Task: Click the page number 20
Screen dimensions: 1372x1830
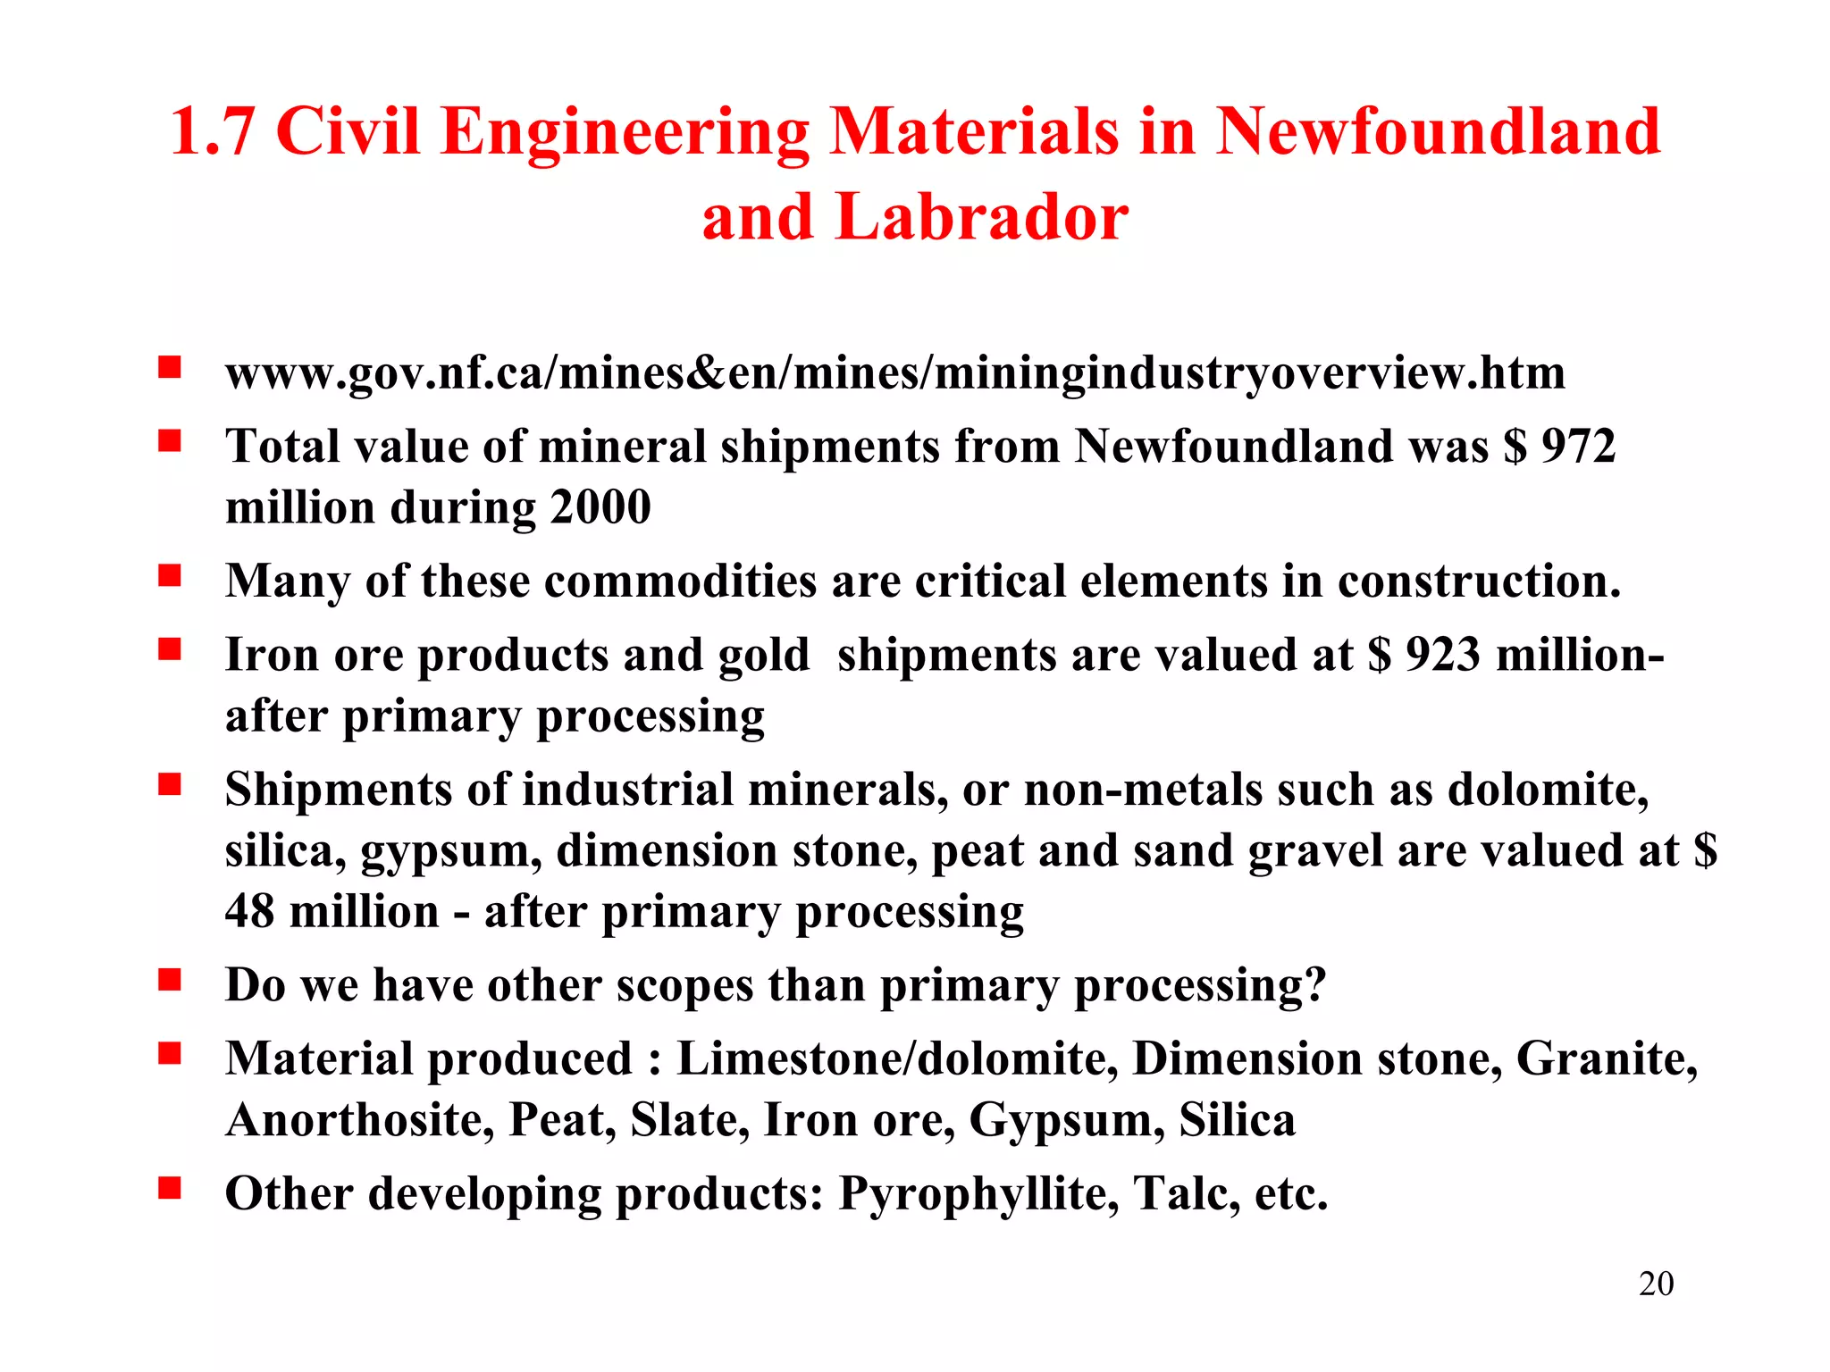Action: point(1656,1284)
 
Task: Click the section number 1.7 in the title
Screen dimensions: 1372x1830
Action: point(212,132)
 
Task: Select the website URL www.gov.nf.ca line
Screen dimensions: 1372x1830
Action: point(894,372)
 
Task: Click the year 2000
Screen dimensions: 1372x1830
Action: point(600,507)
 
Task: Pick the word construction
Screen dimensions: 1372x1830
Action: point(1478,581)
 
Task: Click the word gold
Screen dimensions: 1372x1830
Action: point(763,655)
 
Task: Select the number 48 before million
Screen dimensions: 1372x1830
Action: point(249,911)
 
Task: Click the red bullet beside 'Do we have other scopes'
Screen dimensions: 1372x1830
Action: point(170,981)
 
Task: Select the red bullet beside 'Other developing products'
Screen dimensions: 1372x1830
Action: point(170,1189)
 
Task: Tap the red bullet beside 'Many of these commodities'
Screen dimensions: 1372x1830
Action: point(170,576)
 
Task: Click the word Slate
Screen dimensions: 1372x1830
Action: point(689,1120)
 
